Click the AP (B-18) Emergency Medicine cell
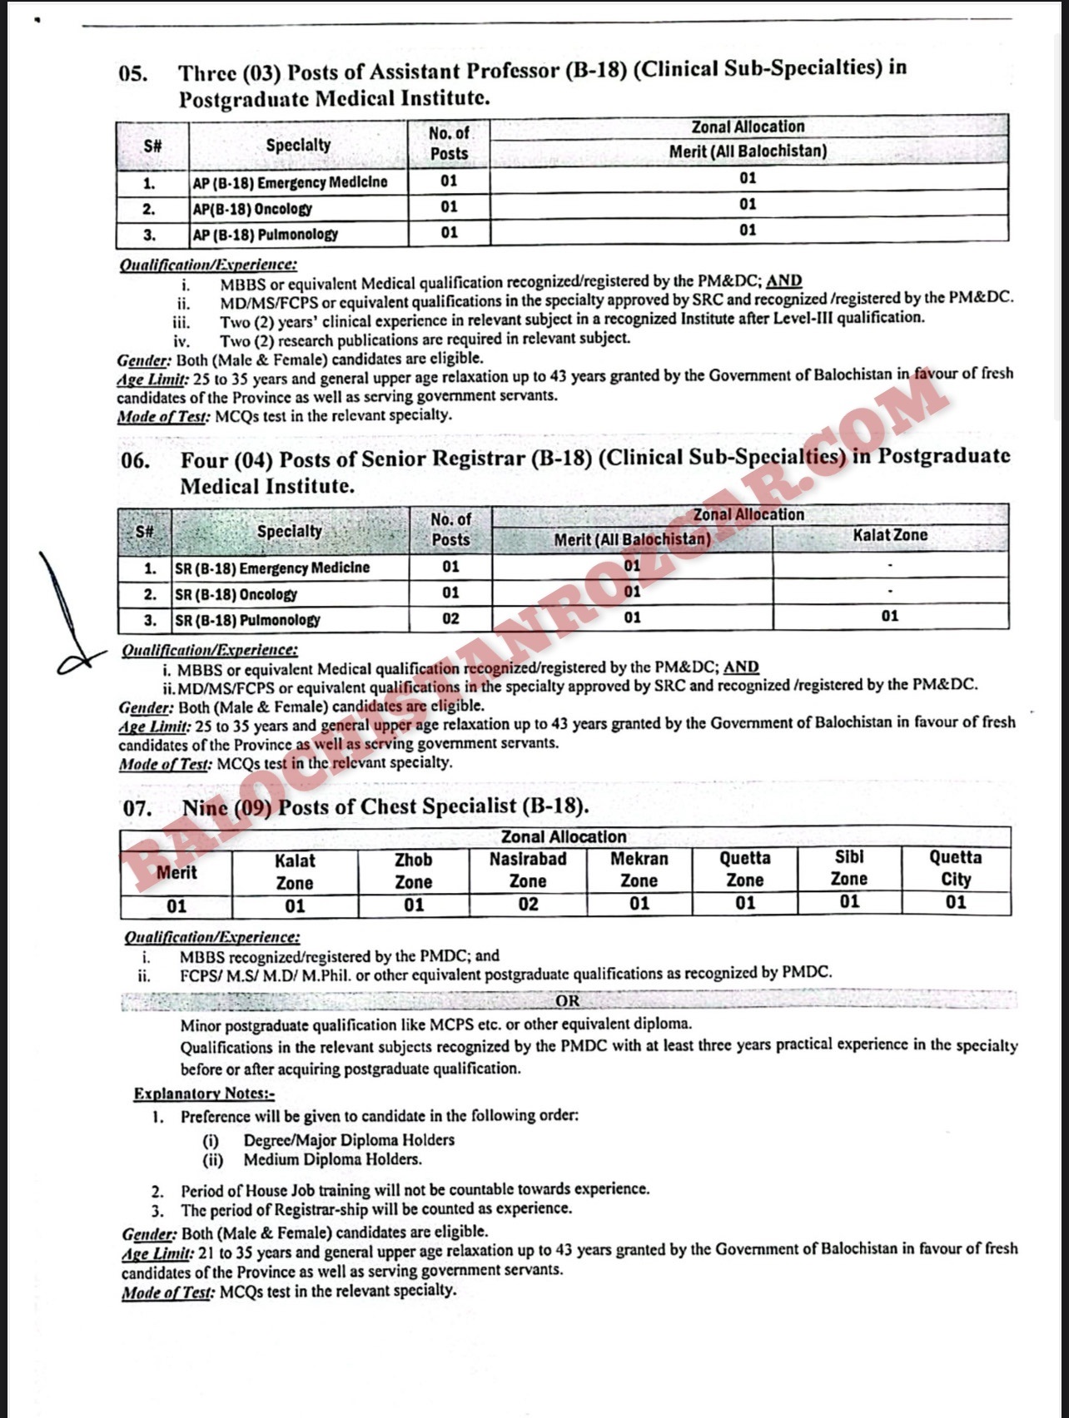pyautogui.click(x=290, y=182)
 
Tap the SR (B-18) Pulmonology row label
pyautogui.click(x=247, y=620)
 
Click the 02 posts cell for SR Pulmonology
pyautogui.click(x=450, y=618)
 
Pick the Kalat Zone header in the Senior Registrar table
pyautogui.click(x=890, y=535)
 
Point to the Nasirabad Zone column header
pyautogui.click(x=528, y=870)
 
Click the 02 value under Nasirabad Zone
pyautogui.click(x=528, y=905)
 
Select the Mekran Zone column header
pyautogui.click(x=639, y=870)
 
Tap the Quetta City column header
pyautogui.click(x=956, y=868)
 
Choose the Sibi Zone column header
pyautogui.click(x=849, y=868)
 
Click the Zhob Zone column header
pyautogui.click(x=414, y=870)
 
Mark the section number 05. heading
pyautogui.click(x=133, y=73)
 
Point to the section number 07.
pyautogui.click(x=137, y=808)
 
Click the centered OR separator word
pyautogui.click(x=568, y=1001)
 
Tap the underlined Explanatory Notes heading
pyautogui.click(x=204, y=1093)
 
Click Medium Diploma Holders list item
pyautogui.click(x=332, y=1159)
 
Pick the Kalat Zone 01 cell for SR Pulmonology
pyautogui.click(x=890, y=617)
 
